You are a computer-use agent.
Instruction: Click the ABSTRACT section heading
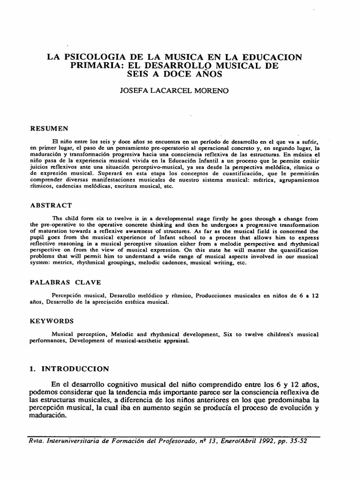pos(52,205)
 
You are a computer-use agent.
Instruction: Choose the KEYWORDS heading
pos(52,321)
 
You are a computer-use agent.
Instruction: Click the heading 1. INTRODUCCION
pos(69,368)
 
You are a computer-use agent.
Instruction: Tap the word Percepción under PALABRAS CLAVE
pos(71,296)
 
